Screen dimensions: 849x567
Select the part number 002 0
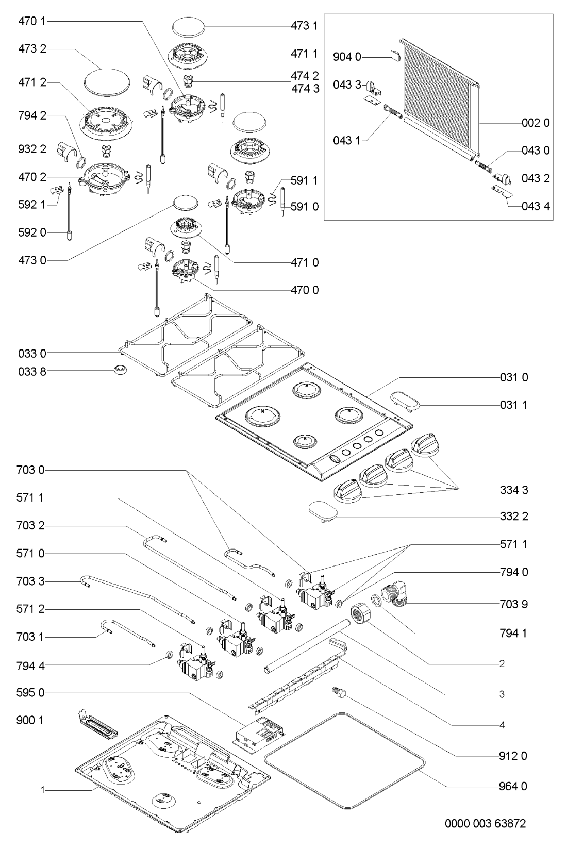[x=536, y=123]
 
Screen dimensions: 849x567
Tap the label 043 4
[x=536, y=206]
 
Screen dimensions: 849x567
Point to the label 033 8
[x=32, y=371]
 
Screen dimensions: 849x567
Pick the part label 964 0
[x=513, y=786]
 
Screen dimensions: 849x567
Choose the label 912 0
[x=513, y=756]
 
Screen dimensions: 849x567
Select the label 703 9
[x=513, y=603]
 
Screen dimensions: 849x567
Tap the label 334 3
[x=513, y=490]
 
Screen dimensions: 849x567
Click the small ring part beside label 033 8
[x=121, y=370]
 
